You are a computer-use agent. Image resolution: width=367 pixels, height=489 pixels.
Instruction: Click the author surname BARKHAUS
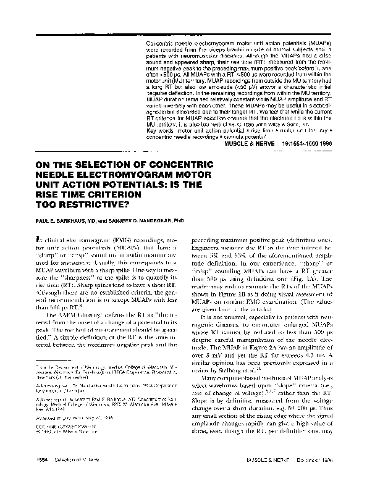click(x=64, y=220)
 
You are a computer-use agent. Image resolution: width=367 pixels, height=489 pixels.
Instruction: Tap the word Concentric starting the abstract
click(x=161, y=44)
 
